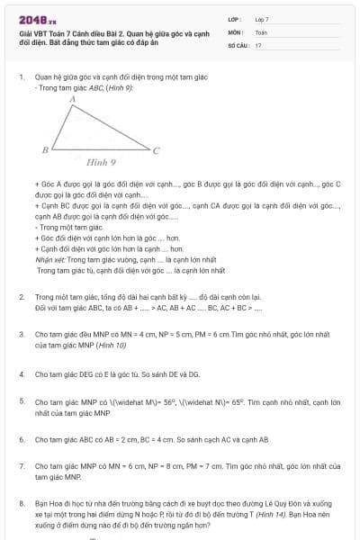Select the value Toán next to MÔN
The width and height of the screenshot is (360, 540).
pos(261,31)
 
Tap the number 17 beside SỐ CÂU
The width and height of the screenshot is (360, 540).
pos(258,44)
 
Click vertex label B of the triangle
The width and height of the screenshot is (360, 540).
pos(45,148)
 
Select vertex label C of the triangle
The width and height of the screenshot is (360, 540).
pos(156,150)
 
